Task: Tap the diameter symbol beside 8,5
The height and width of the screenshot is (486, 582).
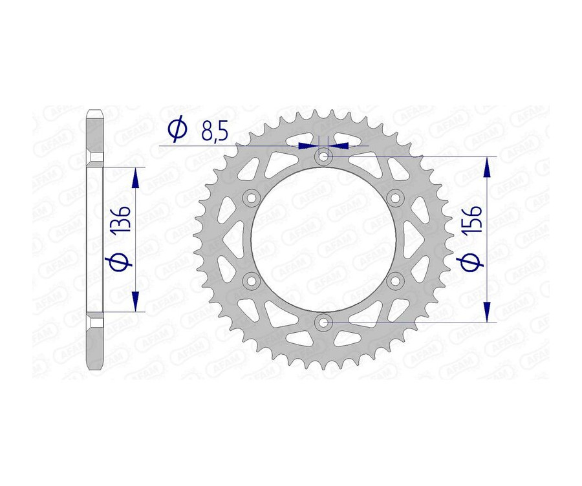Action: pos(176,131)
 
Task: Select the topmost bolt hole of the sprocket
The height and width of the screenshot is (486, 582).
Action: pos(323,156)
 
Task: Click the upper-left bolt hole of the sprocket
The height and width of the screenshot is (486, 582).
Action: pos(252,197)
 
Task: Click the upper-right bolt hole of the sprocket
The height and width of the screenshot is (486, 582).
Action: pos(395,197)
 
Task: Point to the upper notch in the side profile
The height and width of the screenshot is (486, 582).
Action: pos(94,158)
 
